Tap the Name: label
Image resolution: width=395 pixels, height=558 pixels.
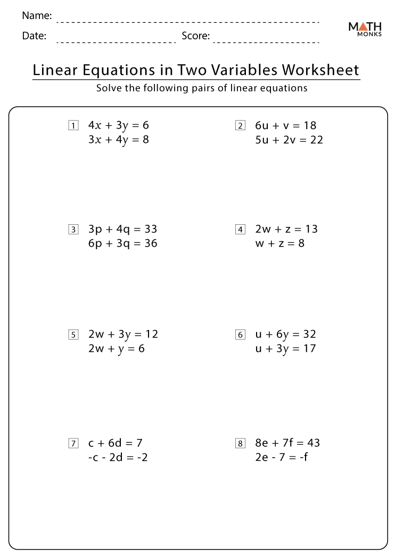click(x=37, y=16)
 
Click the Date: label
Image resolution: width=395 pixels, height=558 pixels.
click(x=35, y=36)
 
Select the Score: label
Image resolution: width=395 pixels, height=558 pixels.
click(x=195, y=36)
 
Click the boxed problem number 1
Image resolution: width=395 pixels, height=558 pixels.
click(x=73, y=126)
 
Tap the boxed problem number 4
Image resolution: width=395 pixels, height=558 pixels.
click(x=240, y=230)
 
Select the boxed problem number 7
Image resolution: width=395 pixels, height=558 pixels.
click(x=73, y=443)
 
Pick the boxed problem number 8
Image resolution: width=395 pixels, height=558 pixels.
click(x=240, y=443)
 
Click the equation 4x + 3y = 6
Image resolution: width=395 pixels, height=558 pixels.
click(x=118, y=125)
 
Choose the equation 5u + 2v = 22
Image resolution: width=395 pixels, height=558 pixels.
click(x=289, y=140)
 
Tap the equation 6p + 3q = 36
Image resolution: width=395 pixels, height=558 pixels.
click(x=122, y=243)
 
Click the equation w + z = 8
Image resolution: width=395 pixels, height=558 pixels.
click(x=279, y=243)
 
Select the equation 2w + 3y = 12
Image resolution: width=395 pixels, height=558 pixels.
click(x=123, y=334)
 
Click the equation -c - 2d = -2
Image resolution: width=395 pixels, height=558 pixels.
click(x=118, y=457)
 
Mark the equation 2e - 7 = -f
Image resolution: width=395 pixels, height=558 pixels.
click(x=281, y=457)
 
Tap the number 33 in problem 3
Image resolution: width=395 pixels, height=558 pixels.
click(x=150, y=229)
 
